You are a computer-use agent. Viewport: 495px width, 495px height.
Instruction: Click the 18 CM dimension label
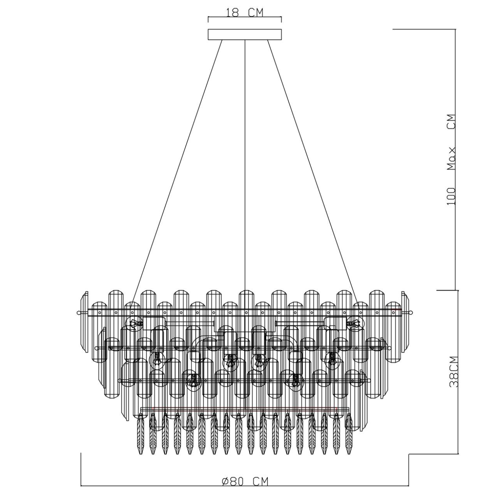pos(245,12)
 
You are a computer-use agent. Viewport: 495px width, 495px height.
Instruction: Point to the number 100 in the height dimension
pos(451,196)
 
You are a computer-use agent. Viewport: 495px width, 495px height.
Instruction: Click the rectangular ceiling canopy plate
pos(244,34)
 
